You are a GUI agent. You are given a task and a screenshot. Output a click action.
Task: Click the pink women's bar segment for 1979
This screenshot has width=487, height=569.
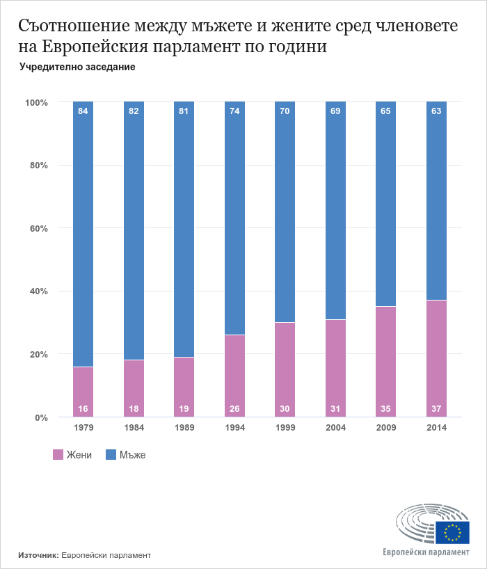tap(83, 392)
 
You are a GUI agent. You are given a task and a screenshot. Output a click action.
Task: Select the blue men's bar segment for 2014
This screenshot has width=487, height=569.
tap(436, 202)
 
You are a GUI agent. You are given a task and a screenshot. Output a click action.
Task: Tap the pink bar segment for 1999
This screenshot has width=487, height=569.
tap(285, 369)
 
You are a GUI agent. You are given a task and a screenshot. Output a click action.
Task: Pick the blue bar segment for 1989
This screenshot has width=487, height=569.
tap(184, 230)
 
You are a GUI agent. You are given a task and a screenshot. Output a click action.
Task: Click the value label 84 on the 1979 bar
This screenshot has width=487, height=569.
tap(83, 111)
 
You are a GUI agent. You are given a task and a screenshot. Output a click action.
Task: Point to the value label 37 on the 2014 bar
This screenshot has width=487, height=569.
tap(436, 408)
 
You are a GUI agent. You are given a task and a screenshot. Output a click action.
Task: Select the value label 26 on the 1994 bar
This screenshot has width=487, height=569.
tap(234, 408)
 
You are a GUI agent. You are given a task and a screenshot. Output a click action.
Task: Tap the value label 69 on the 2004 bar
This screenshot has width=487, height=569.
tap(335, 111)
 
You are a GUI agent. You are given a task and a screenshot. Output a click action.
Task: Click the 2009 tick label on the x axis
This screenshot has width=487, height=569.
tap(386, 428)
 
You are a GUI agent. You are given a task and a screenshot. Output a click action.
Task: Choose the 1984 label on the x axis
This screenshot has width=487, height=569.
tap(134, 428)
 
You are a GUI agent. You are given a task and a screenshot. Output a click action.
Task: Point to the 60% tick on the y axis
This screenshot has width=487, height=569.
tap(37, 228)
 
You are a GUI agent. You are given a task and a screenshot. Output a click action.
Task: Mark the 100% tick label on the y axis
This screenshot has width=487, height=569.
tap(35, 102)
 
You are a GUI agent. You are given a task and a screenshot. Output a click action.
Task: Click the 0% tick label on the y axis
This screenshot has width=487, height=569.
tap(40, 417)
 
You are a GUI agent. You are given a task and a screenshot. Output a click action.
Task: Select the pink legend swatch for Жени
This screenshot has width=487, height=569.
tap(58, 455)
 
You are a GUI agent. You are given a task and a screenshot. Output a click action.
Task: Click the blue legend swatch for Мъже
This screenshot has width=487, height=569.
tap(111, 455)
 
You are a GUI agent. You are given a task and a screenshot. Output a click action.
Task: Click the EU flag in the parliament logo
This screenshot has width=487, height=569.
tap(455, 532)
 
